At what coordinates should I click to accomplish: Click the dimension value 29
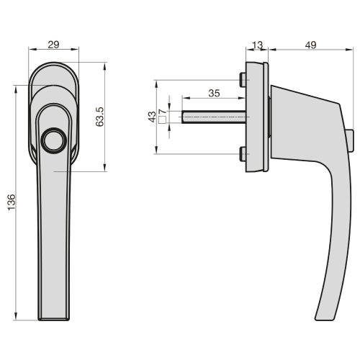click(53, 45)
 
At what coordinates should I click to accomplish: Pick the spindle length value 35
click(213, 94)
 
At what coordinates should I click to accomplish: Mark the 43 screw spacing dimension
click(151, 117)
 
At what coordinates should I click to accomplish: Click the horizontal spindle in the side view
click(212, 117)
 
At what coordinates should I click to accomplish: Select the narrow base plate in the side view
click(256, 117)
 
